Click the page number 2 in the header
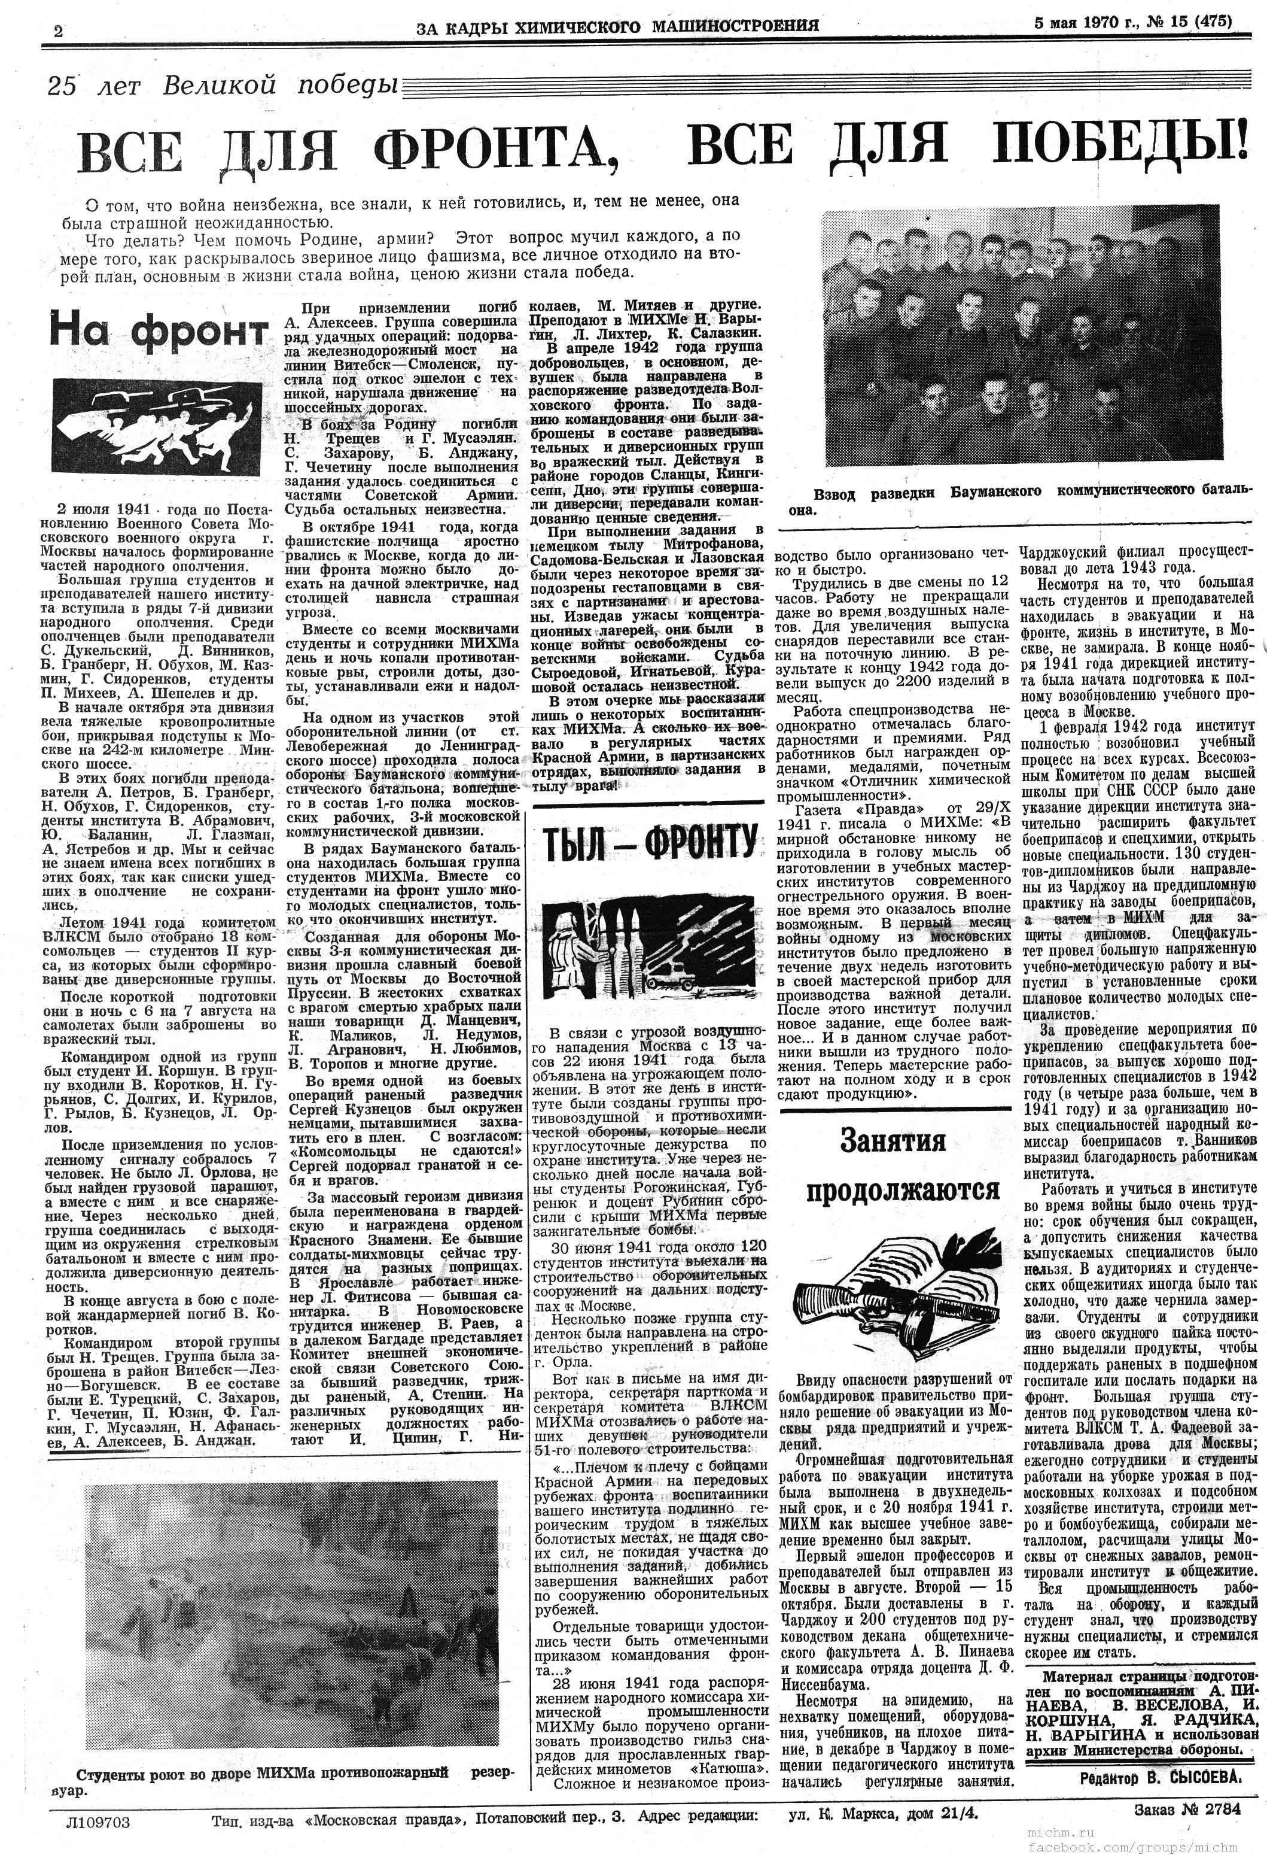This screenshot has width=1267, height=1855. click(x=58, y=31)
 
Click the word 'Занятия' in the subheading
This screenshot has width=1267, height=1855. click(x=892, y=1142)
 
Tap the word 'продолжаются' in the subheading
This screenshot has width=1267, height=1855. click(x=901, y=1190)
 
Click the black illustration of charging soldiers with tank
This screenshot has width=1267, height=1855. click(x=157, y=426)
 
